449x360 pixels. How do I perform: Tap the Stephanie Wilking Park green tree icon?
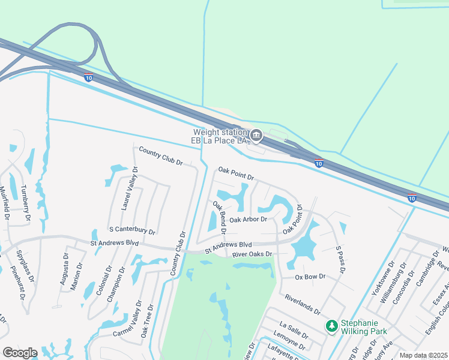tap(331, 326)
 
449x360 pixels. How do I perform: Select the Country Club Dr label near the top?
tap(160, 155)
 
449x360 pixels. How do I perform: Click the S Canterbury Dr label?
tap(132, 230)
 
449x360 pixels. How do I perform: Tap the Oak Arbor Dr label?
tap(248, 220)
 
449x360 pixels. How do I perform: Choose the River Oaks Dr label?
tap(252, 254)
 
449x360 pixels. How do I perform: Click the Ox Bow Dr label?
tap(310, 277)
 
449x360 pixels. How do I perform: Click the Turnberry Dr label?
tap(26, 204)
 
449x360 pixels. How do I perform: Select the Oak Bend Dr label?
tap(218, 217)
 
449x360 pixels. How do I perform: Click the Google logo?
tap(20, 353)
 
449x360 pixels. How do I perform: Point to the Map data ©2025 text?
tap(423, 355)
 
